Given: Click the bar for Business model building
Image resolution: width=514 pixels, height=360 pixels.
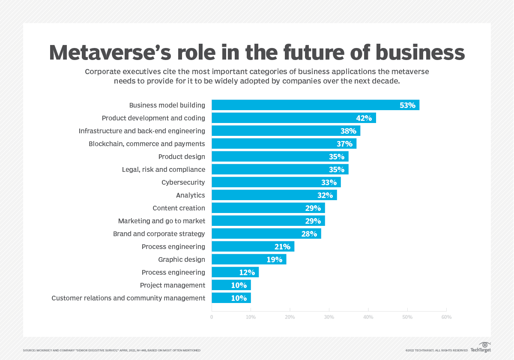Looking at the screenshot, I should pos(315,105).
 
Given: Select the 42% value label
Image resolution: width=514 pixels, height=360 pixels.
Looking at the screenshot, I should pos(364,118).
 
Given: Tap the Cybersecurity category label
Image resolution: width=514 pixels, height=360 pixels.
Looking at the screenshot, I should pos(183,182).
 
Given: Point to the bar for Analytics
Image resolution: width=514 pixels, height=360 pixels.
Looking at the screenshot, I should pos(274,195).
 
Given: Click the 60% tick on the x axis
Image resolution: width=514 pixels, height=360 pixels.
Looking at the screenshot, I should pos(446,317).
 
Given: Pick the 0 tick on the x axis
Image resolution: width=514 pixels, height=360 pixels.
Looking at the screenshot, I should pos(212,317).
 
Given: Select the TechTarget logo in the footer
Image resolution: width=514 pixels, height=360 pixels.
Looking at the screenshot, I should pos(481,347).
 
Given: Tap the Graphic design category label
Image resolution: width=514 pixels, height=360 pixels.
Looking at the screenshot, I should pos(182,259).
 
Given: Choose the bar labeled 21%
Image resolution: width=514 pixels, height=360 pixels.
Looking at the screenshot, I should pos(253,246).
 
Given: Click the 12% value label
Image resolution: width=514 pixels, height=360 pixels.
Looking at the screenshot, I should pos(247,272).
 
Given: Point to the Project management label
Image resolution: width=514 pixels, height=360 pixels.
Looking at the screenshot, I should pos(173,285).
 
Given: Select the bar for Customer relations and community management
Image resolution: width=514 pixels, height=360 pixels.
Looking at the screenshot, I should pos(231,298).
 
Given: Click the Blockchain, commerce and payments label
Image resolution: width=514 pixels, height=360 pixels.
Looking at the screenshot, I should pos(147,144).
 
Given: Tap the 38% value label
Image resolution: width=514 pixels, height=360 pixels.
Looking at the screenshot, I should pos(348,131).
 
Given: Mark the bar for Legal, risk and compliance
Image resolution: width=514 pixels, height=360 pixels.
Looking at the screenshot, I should pos(280,169).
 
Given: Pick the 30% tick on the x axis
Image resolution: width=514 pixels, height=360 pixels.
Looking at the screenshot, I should pos(329,317).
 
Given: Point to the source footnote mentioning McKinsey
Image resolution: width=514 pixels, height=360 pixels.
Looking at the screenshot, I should pos(111,350).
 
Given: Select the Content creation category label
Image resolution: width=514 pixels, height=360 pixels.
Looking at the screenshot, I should pos(179,208).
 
